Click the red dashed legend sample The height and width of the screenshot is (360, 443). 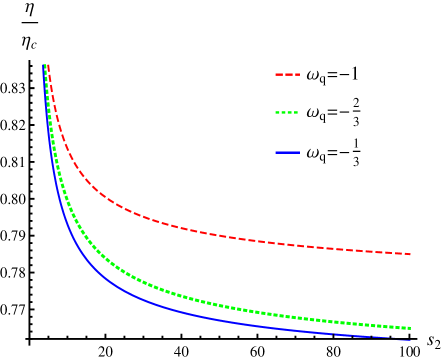287,74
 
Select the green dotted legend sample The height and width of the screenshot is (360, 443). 287,112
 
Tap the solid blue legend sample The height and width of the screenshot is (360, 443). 287,152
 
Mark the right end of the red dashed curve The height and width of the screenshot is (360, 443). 411,254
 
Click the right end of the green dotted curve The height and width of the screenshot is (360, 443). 411,328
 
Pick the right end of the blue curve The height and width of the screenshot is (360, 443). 411,340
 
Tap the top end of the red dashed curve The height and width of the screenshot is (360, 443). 48,65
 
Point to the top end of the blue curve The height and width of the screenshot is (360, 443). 44,65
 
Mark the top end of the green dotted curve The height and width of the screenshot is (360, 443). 46,65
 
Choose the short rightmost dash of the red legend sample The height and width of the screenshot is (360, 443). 298,74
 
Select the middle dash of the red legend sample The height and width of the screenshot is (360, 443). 288,74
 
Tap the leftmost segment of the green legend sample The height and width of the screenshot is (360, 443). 277,112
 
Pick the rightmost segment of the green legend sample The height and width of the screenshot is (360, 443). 296,112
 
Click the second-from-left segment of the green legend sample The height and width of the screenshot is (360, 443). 282,112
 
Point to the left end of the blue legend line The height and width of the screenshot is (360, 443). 276,152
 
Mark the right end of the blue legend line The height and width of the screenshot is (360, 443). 299,152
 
